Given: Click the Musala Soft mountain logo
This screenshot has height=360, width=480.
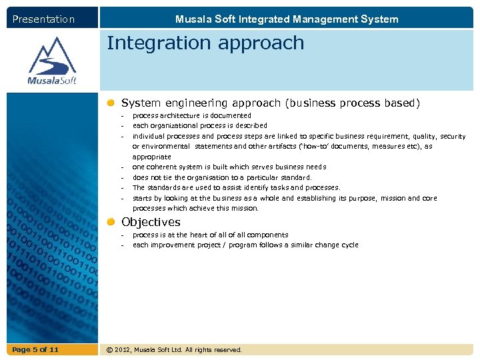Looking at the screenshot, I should coord(52,61).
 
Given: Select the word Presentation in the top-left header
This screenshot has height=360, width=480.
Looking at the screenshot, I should coord(44,19).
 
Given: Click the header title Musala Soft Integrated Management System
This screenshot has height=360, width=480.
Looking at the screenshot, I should coord(287,19).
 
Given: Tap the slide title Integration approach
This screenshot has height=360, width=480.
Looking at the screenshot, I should coord(205,43).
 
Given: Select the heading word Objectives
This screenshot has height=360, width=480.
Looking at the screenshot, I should coord(151,222).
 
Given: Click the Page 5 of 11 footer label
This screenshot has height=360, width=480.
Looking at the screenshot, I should coord(35,349).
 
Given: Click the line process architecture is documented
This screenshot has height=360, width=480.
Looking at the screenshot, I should coord(191,115).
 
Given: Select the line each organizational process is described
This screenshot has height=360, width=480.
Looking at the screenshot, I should coord(199,125).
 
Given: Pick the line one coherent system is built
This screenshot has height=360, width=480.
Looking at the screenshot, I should coord(229,167).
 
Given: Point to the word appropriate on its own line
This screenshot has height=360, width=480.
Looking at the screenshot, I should coord(151,157).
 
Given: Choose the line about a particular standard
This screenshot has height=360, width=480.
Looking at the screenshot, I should coord(221,177).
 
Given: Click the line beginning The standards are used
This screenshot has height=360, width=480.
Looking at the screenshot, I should coord(236,187).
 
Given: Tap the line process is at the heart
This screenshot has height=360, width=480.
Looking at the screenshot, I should coord(210,235).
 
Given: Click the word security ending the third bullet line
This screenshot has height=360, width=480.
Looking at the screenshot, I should coord(453,136).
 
